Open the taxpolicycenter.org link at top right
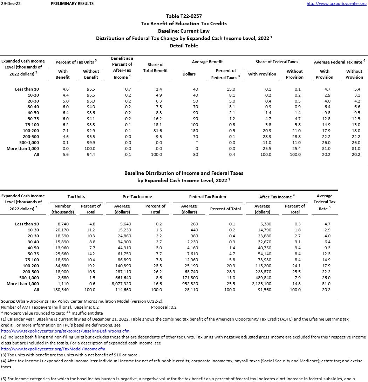(336, 4)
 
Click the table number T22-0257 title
(184, 16)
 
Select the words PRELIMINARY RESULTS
(72, 4)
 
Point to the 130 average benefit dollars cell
(195, 131)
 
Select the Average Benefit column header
(207, 62)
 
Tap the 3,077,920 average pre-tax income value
(122, 284)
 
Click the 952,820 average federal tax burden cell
(190, 284)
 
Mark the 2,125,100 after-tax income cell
(262, 284)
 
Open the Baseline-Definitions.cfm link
(65, 331)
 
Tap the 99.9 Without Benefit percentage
(91, 143)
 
